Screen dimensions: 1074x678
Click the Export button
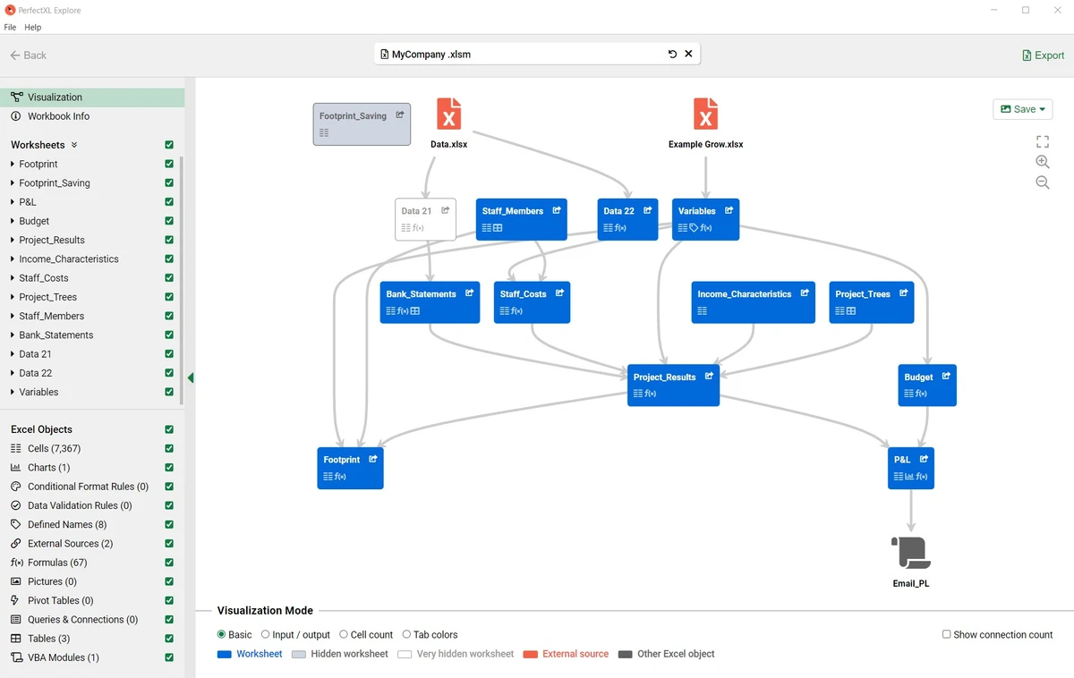click(1043, 55)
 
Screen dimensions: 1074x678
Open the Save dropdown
click(1023, 109)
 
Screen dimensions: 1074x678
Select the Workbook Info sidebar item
click(58, 116)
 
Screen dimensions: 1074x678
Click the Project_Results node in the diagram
click(673, 386)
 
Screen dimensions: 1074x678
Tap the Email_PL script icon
click(911, 553)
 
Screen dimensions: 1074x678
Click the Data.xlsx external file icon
click(448, 114)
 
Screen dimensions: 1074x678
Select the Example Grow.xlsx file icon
click(705, 114)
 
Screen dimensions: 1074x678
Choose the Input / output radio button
click(265, 634)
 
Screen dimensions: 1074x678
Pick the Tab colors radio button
click(406, 634)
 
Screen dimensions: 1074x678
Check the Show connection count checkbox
click(947, 634)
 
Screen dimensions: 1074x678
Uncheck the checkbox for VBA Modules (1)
click(169, 657)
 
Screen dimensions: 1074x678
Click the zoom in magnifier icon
click(1043, 162)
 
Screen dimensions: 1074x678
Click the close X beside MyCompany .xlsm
click(688, 54)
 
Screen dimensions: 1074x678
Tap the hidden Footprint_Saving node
click(362, 124)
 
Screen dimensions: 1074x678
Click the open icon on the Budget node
click(946, 377)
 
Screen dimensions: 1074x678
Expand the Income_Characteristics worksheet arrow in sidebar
click(12, 258)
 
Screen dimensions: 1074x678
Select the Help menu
click(32, 28)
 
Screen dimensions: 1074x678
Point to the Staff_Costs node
click(532, 302)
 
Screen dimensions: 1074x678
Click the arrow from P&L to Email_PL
click(911, 511)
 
